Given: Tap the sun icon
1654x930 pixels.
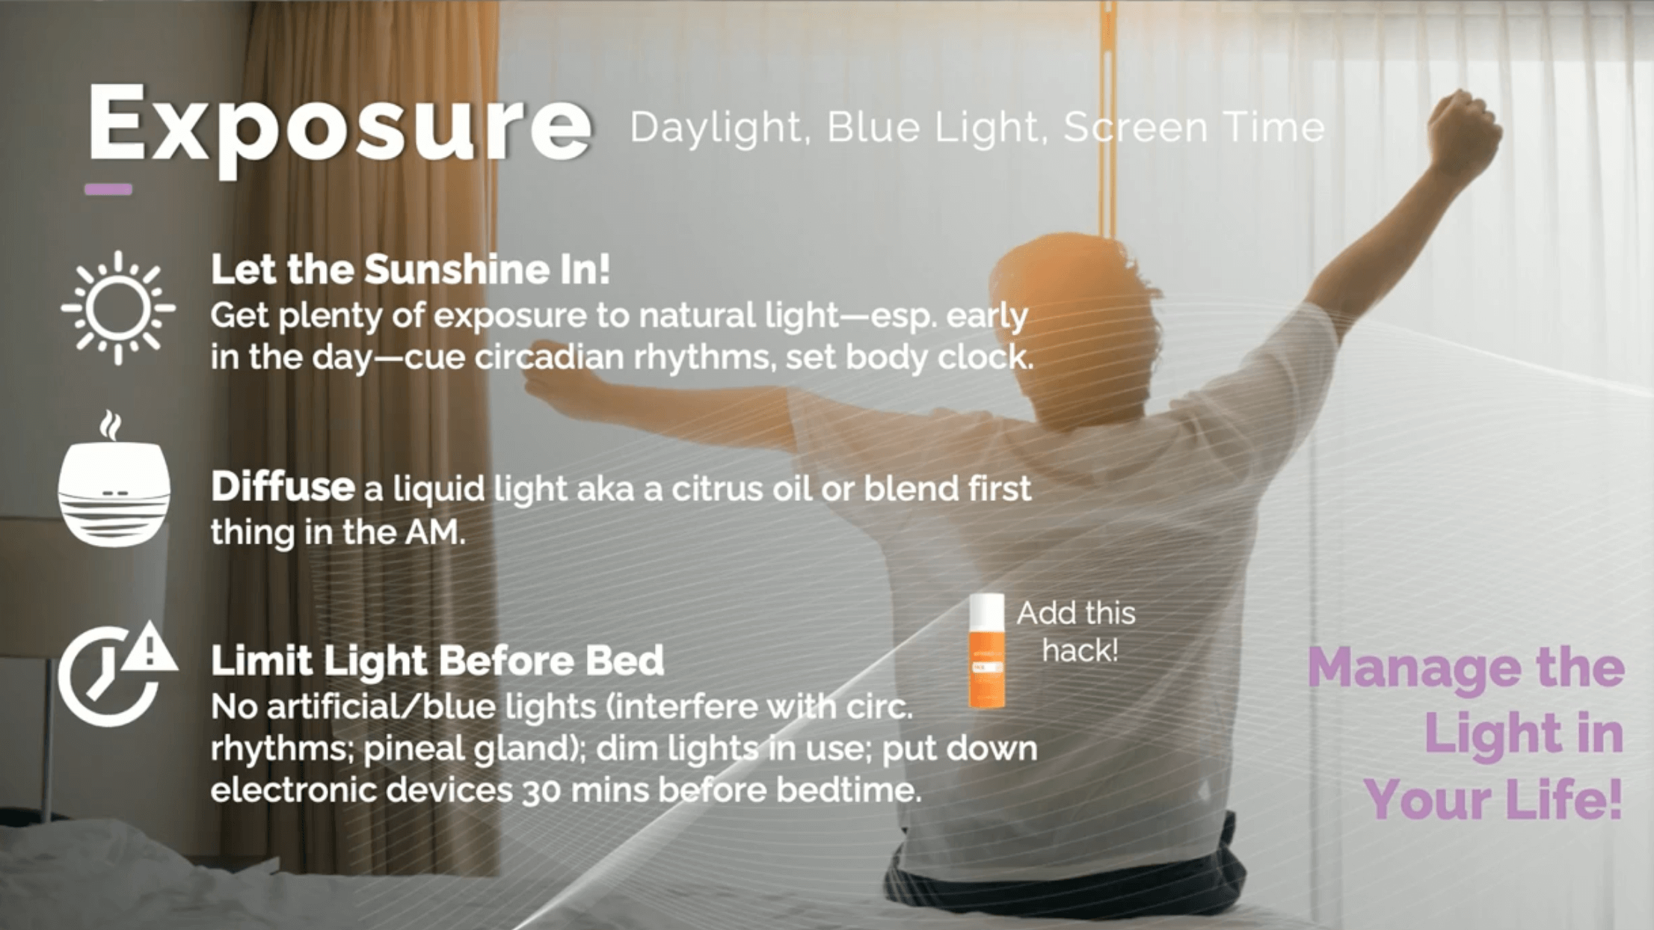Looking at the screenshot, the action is pos(118,308).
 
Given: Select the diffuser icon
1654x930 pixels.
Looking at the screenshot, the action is pos(114,479).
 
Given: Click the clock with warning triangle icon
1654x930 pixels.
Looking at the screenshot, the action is pos(117,674).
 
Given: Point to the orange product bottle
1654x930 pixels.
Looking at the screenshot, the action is pos(987,651).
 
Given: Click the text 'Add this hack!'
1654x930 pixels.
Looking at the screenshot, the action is pos(1077,632).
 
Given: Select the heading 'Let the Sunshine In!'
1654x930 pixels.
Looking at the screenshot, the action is pos(410,269).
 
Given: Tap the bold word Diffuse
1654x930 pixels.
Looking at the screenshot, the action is pos(283,487).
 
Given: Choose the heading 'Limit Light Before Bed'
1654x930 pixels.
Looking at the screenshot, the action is pos(437,661).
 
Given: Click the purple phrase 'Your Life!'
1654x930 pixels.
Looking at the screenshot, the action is pos(1493,799).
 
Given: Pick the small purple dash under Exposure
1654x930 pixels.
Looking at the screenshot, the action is pos(108,189).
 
